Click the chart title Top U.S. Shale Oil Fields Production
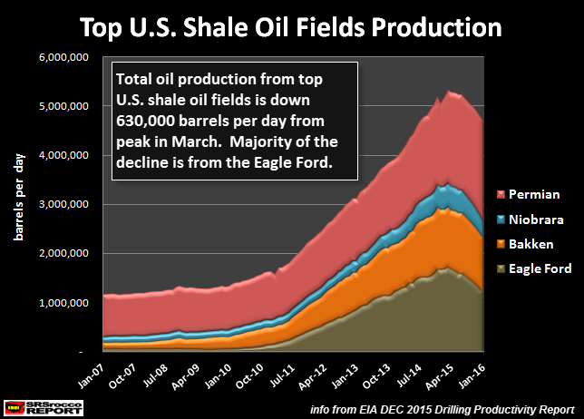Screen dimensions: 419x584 click(292, 26)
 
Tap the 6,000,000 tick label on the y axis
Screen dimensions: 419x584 click(63, 58)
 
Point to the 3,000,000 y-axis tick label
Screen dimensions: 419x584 click(63, 205)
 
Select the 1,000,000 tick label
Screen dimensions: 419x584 click(63, 303)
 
